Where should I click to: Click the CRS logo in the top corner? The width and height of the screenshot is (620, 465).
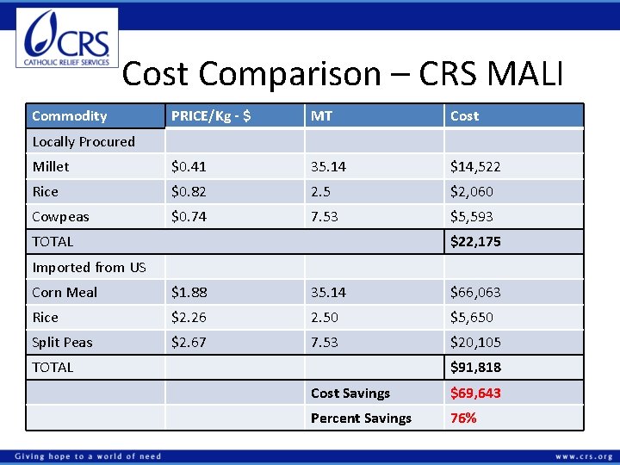tap(67, 38)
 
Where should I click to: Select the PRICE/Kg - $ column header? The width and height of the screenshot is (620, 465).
tap(211, 116)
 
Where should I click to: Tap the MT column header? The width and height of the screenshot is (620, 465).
tap(322, 116)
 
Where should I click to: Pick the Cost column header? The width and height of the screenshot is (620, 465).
tap(464, 116)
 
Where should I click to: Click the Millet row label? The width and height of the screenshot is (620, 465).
tap(51, 166)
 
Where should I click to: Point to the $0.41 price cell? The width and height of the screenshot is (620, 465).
tap(189, 166)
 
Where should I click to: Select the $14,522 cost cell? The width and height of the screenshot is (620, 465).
tap(475, 166)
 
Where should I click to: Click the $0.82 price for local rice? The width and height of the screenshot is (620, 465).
tap(189, 191)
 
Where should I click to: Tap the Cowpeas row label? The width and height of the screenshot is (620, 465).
tap(60, 217)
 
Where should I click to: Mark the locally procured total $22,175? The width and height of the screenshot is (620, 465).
tap(475, 242)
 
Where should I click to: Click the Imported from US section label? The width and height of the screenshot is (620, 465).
tap(89, 268)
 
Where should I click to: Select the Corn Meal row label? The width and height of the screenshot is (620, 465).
tap(65, 293)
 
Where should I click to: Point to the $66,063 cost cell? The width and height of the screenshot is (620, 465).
tap(475, 293)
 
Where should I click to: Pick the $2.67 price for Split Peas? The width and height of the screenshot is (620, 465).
tap(189, 343)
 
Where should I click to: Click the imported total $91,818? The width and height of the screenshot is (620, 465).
tap(475, 368)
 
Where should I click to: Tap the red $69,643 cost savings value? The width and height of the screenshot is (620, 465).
tap(475, 394)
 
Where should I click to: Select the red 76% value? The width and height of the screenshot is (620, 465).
tap(463, 418)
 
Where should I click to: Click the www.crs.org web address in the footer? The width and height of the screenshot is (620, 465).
tap(584, 456)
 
